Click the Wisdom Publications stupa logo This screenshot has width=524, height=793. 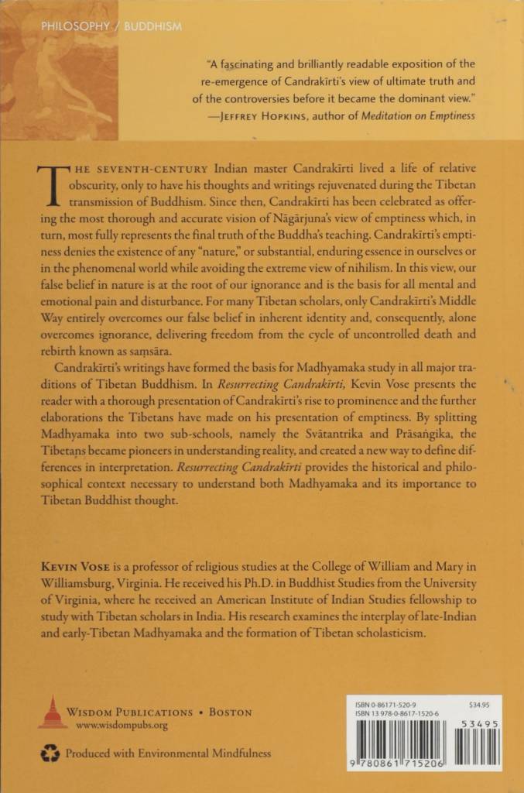(x=53, y=711)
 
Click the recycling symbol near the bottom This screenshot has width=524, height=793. (x=50, y=752)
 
